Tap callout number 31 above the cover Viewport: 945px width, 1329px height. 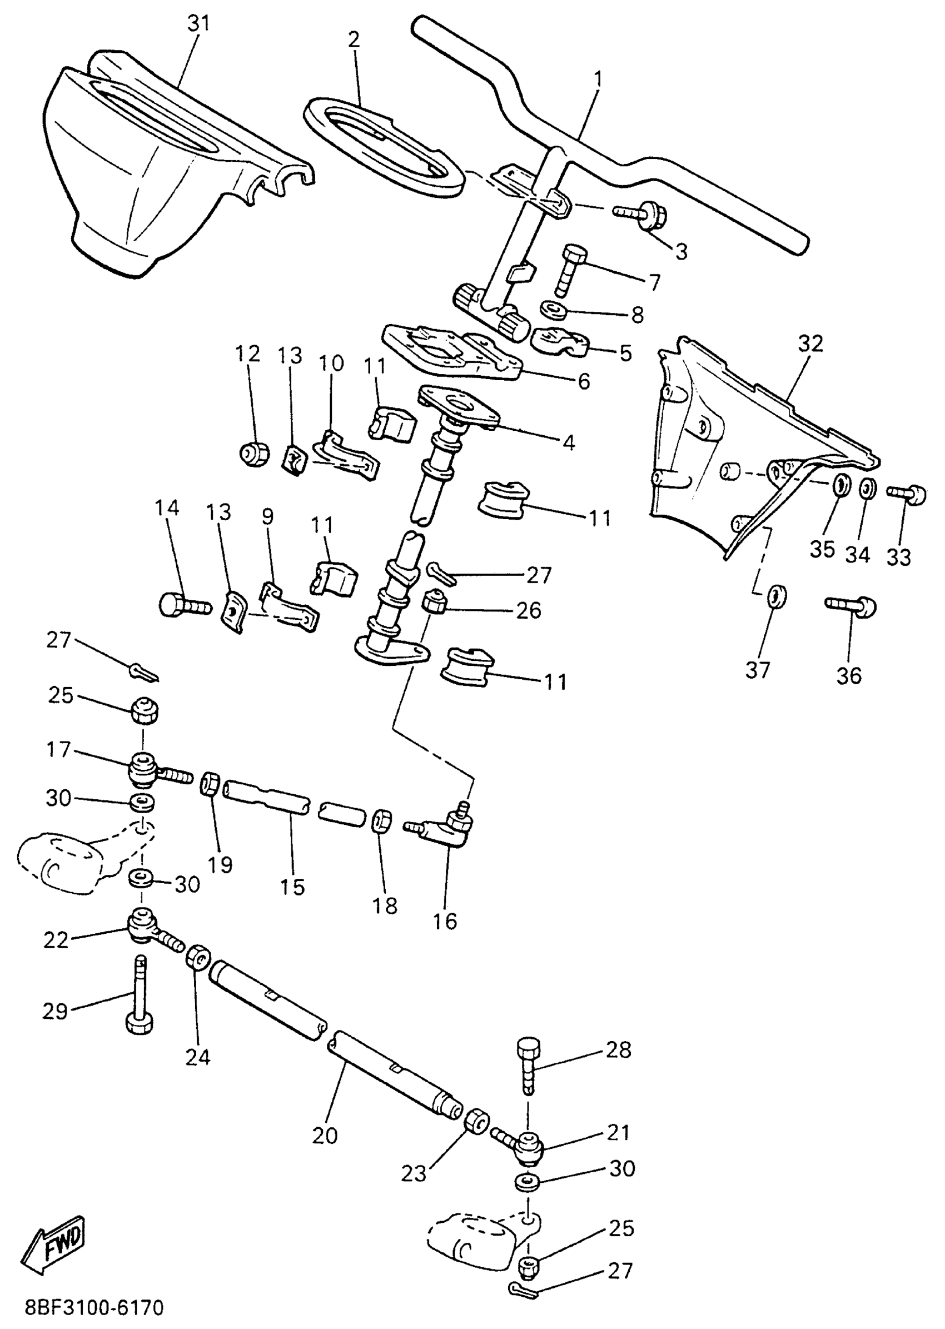[x=198, y=24]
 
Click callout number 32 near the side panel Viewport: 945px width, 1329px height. [x=810, y=344]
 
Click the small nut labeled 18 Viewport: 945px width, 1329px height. [x=381, y=821]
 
